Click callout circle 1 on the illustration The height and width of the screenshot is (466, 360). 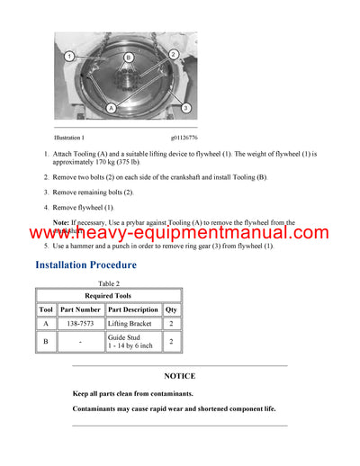(68, 56)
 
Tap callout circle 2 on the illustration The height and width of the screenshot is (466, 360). (172, 55)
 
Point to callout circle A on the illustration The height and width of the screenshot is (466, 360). (111, 107)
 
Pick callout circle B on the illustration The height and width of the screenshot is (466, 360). (128, 58)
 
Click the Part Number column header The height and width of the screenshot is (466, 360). (81, 309)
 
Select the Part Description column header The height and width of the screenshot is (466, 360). (133, 309)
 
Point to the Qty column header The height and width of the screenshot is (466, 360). (171, 309)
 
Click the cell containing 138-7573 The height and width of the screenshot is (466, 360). (81, 323)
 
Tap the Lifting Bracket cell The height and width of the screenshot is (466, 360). (133, 323)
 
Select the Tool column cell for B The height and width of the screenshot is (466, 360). (46, 342)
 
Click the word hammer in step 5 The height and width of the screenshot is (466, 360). (87, 246)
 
